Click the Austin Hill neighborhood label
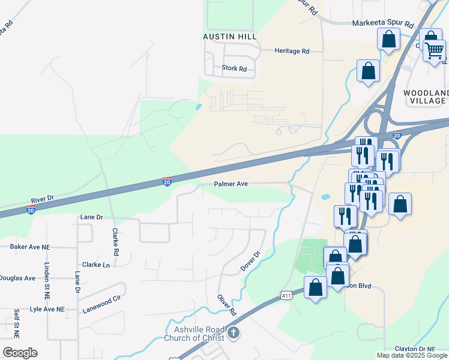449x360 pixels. [230, 37]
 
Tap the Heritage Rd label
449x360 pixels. [292, 52]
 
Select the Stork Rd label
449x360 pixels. [234, 69]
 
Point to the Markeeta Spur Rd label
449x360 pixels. [383, 25]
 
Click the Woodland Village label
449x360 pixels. [426, 97]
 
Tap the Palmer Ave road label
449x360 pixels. [231, 184]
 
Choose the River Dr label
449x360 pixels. [42, 197]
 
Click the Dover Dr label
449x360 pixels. [251, 261]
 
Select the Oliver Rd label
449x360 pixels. [227, 305]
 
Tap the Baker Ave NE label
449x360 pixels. [30, 247]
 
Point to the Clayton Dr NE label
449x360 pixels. [415, 349]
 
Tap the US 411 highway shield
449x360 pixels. [286, 295]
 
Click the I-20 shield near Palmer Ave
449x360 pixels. [167, 181]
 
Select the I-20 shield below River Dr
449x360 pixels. [31, 209]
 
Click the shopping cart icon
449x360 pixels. [434, 50]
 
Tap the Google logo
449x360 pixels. [20, 353]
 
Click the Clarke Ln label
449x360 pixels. [96, 265]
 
